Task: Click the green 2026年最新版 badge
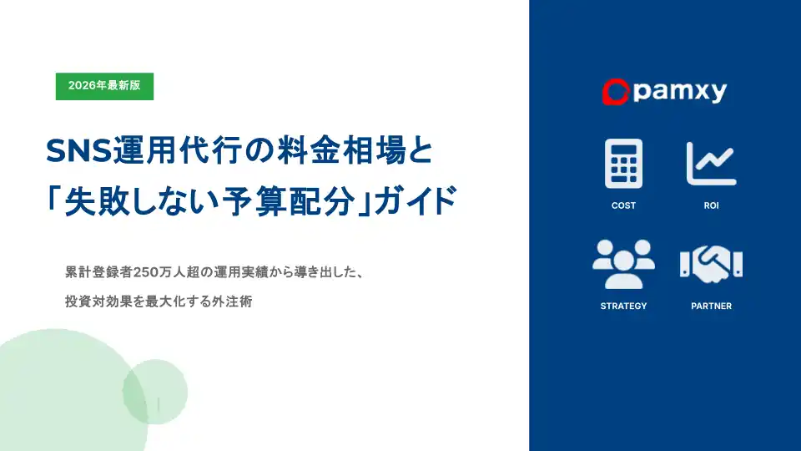pyautogui.click(x=104, y=86)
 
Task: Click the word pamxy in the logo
pyautogui.click(x=680, y=92)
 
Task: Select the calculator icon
pyautogui.click(x=623, y=164)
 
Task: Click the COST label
pyautogui.click(x=623, y=205)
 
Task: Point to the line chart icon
pyautogui.click(x=711, y=164)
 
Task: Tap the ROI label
pyautogui.click(x=711, y=205)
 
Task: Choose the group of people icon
pyautogui.click(x=623, y=264)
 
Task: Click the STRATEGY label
pyautogui.click(x=623, y=306)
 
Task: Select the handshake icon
pyautogui.click(x=711, y=264)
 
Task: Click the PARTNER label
pyautogui.click(x=711, y=306)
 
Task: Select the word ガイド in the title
pyautogui.click(x=416, y=201)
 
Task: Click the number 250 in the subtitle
pyautogui.click(x=144, y=272)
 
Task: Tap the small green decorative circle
pyautogui.click(x=155, y=392)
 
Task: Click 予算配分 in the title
pyautogui.click(x=289, y=201)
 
